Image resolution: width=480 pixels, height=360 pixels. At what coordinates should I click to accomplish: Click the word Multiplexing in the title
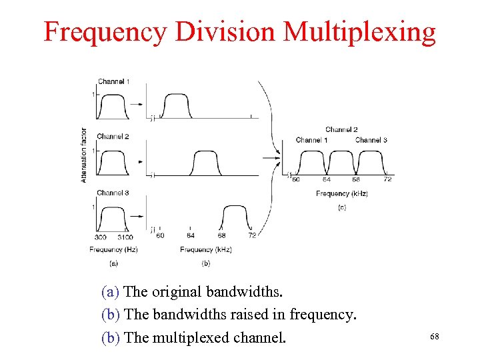tap(359, 32)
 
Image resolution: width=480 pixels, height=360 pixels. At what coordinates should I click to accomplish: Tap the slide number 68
tap(435, 337)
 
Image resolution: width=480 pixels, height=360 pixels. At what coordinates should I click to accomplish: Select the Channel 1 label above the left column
tap(113, 82)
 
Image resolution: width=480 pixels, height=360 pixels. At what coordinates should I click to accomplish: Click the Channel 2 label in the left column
tap(113, 137)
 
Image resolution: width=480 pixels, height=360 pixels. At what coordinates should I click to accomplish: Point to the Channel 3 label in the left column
tap(113, 193)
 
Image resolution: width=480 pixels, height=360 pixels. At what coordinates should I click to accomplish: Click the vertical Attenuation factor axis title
tap(84, 155)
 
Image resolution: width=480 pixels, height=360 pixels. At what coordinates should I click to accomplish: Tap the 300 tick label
tap(101, 237)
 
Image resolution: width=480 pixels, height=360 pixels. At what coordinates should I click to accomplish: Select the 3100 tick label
tap(125, 237)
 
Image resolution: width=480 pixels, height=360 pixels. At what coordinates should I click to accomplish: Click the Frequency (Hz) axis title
tap(113, 249)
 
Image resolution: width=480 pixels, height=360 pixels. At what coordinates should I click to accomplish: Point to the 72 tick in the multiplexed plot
tap(387, 179)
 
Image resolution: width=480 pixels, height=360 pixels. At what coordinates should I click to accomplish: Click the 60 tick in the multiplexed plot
tap(296, 179)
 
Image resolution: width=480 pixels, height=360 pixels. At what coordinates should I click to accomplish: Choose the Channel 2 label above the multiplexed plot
tap(341, 129)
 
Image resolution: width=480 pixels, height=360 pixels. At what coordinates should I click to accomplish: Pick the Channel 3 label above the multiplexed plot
tap(371, 140)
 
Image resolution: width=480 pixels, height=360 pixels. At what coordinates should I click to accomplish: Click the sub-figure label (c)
tap(341, 208)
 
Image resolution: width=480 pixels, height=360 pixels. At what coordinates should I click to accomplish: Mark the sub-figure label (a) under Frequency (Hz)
tap(113, 263)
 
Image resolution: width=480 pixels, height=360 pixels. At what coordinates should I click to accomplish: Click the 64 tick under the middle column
tap(190, 235)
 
